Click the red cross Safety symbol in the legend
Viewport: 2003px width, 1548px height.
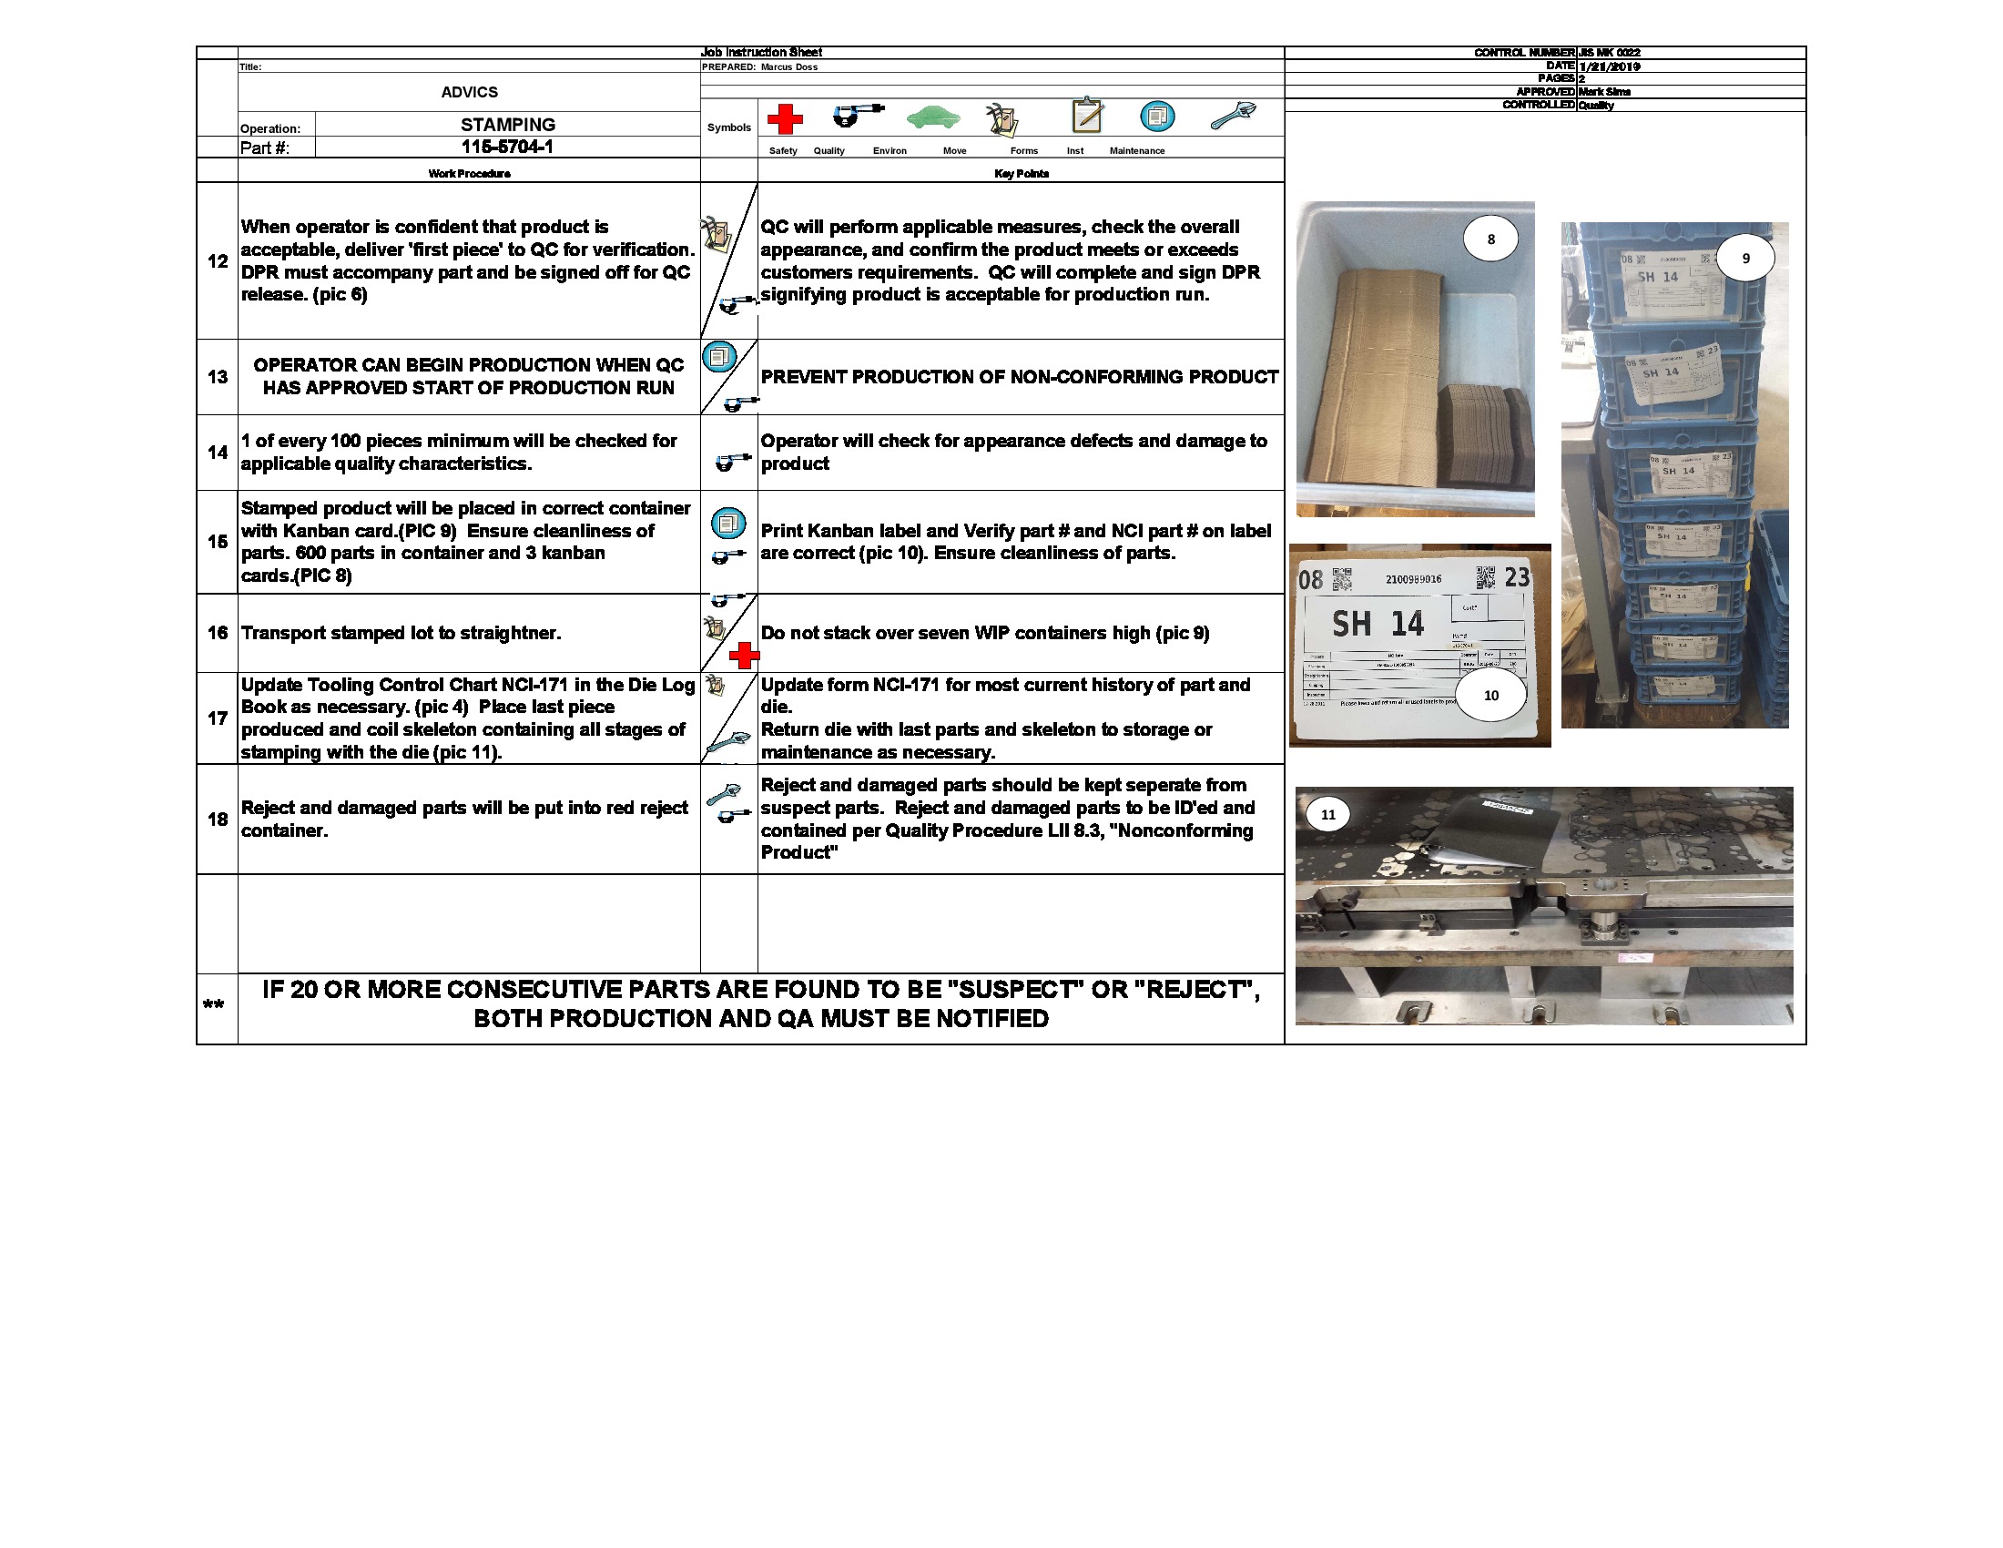point(784,119)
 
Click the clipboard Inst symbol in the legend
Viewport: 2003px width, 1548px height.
point(1087,117)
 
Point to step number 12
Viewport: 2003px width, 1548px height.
point(218,261)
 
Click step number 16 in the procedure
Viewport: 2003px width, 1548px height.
point(218,633)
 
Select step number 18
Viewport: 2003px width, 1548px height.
point(218,819)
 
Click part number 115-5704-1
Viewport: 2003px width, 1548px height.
point(507,148)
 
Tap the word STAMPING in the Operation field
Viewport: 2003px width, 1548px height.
point(507,125)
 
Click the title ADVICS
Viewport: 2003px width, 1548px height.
point(469,93)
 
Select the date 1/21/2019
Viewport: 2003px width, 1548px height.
point(1610,66)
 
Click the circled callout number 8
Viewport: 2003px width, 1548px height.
point(1490,239)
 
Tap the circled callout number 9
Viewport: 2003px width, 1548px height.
point(1745,259)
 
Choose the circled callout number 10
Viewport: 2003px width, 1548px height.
point(1490,695)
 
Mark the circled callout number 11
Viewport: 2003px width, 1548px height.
point(1328,814)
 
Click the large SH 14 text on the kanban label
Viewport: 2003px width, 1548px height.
point(1378,625)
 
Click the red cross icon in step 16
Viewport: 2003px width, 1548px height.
point(744,655)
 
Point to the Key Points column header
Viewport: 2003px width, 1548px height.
point(1021,173)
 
